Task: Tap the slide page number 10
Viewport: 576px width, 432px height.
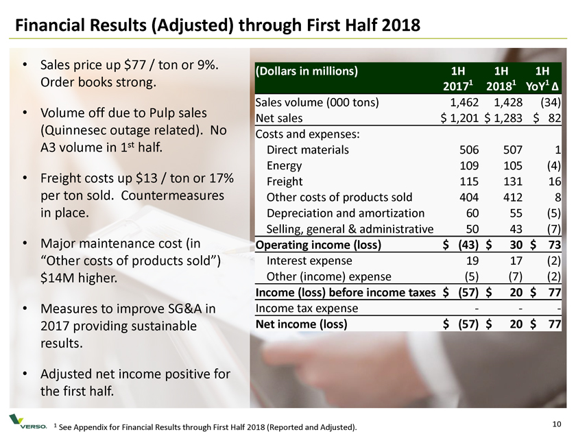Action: click(556, 420)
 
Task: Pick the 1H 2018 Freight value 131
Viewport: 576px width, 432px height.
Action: click(504, 181)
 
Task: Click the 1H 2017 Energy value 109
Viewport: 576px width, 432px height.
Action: click(458, 165)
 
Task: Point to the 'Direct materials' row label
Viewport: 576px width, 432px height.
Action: click(307, 150)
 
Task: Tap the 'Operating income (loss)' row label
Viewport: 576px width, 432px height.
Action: click(318, 245)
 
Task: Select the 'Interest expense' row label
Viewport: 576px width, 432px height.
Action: click(309, 261)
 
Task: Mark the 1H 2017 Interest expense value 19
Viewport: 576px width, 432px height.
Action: click(461, 261)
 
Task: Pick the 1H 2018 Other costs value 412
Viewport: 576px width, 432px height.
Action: click(504, 197)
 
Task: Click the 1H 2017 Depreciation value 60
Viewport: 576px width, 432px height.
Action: click(461, 213)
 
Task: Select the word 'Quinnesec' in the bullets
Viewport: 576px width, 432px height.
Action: click(80, 129)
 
